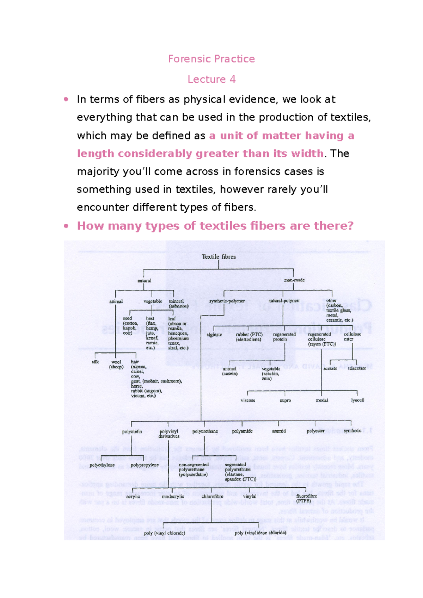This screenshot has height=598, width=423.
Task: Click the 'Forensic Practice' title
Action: click(211, 59)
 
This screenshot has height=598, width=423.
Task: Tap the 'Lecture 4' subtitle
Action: click(211, 79)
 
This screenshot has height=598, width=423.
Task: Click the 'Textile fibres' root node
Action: click(219, 257)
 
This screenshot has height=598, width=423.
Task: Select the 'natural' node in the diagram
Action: click(144, 281)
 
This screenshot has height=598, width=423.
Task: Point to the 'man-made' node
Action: click(294, 280)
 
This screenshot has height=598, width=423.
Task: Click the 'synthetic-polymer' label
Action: click(227, 301)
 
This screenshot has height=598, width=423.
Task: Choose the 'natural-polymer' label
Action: click(284, 301)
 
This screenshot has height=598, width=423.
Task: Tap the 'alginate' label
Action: click(214, 335)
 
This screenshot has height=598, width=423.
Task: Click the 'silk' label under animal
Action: click(95, 362)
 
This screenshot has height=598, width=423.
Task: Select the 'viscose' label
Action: click(248, 400)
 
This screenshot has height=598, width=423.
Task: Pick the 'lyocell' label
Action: click(357, 400)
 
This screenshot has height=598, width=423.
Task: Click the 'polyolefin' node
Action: click(132, 431)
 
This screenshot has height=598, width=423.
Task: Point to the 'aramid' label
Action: click(279, 431)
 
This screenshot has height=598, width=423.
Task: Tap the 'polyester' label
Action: click(315, 431)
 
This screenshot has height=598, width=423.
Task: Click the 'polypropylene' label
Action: click(145, 465)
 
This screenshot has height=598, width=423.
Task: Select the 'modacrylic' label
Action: click(173, 497)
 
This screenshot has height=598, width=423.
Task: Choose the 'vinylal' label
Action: click(250, 496)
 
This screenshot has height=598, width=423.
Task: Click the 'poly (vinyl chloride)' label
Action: click(164, 533)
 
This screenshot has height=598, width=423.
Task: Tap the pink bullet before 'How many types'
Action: click(66, 226)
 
